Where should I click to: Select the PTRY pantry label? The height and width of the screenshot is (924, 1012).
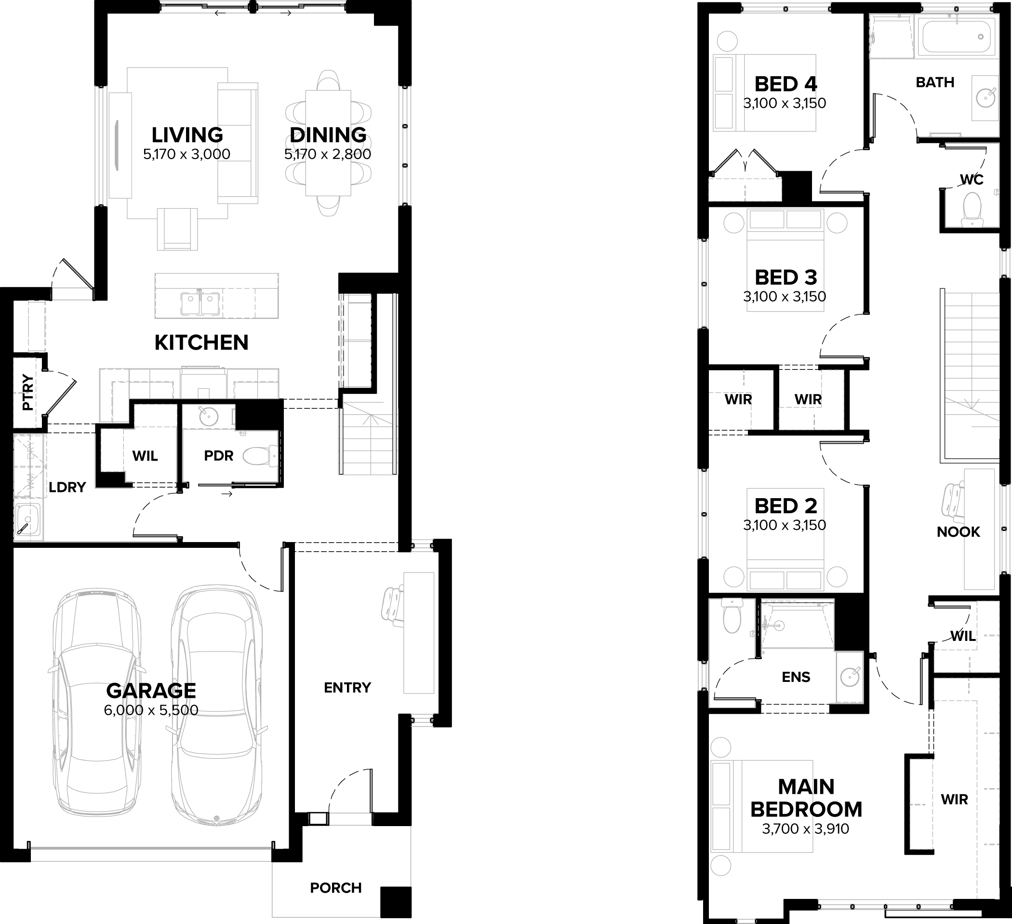click(27, 393)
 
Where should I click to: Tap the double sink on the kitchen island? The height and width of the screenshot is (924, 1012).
click(200, 303)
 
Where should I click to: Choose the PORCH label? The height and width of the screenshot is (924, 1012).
click(335, 888)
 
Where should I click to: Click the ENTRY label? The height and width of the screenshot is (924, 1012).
click(347, 687)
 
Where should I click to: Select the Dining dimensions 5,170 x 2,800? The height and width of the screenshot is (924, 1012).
click(328, 154)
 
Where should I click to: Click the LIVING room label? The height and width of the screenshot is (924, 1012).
click(187, 135)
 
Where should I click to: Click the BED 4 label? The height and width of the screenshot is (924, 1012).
click(786, 84)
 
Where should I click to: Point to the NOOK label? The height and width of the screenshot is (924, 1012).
click(959, 531)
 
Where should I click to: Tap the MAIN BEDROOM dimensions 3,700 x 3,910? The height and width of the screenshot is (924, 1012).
click(805, 829)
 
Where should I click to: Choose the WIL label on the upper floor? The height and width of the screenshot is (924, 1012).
click(963, 636)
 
